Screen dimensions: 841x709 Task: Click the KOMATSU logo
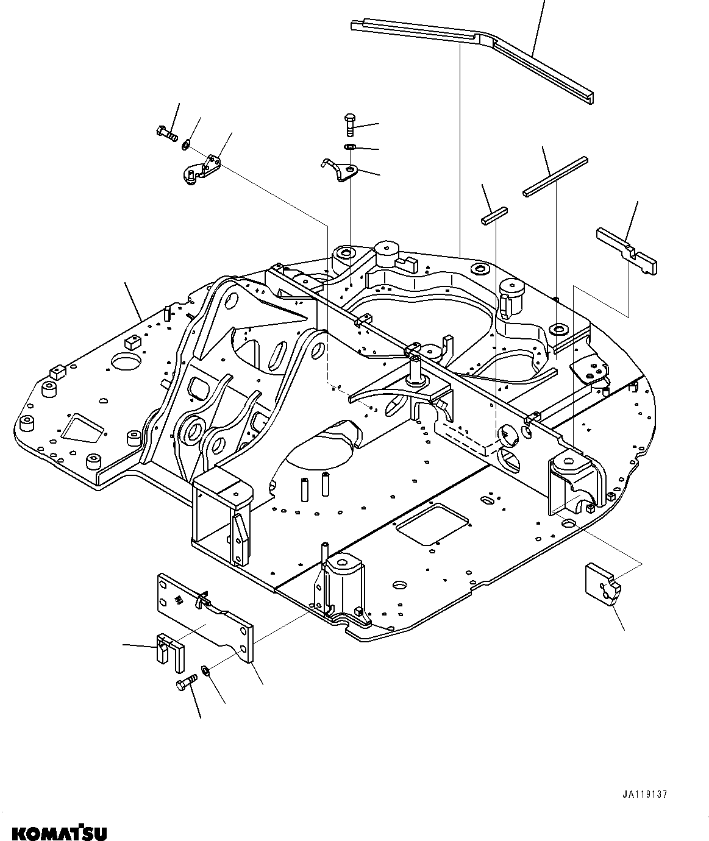tap(54, 832)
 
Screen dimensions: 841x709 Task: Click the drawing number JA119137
tap(645, 795)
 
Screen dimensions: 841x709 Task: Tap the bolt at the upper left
tap(165, 131)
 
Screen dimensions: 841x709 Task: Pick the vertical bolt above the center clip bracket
tap(350, 124)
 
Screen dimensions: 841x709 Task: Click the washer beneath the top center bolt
tap(350, 147)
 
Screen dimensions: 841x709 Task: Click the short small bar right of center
tap(494, 216)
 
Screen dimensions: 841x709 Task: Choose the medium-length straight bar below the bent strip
tap(555, 177)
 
